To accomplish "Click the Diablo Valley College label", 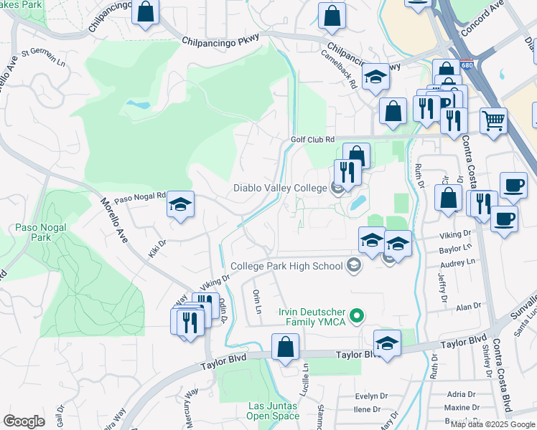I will click(x=280, y=188).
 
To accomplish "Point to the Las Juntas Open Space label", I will click(x=273, y=411).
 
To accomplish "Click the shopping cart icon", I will click(x=493, y=120).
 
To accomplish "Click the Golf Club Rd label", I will click(x=312, y=139).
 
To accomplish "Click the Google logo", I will click(x=24, y=421).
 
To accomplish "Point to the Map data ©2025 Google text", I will click(x=492, y=424).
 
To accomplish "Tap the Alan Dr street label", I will click(x=468, y=306).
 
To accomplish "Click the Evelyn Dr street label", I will click(x=371, y=396).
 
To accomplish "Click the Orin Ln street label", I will click(x=257, y=302).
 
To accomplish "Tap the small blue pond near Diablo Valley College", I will click(x=357, y=204).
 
